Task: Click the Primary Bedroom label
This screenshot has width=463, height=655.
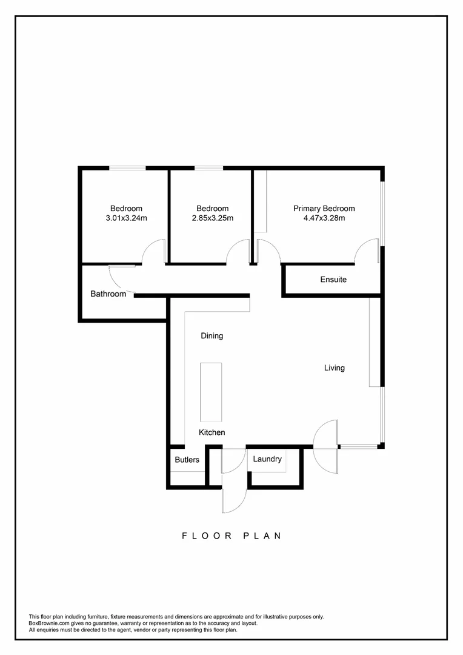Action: (324, 209)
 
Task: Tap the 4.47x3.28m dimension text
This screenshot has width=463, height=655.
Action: (324, 218)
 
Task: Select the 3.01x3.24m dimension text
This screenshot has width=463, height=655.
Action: (126, 218)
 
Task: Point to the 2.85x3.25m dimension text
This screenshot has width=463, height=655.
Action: (212, 218)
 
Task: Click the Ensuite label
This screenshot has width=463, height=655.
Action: (333, 280)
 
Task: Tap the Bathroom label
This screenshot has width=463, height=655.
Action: (108, 294)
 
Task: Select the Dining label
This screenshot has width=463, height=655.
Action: (212, 335)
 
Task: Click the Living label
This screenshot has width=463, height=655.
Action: (334, 368)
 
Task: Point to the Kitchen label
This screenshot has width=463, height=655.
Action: (212, 432)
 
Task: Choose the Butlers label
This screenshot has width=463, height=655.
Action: (187, 460)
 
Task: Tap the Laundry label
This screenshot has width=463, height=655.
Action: (267, 459)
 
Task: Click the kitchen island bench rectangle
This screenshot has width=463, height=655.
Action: (212, 392)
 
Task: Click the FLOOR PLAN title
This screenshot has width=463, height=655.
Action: (232, 536)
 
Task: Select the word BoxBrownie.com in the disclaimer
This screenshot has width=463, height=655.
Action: (49, 623)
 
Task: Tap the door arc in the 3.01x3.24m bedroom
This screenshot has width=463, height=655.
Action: (154, 252)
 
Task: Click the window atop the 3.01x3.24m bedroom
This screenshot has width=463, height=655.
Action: (127, 168)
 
